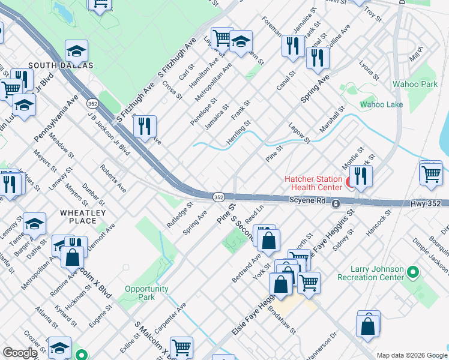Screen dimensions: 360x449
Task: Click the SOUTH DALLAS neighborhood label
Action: (x=60, y=65)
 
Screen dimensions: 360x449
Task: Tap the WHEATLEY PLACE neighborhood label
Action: (x=83, y=217)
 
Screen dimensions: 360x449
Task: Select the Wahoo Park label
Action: (x=415, y=85)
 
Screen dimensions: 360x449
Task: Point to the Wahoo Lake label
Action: (x=381, y=104)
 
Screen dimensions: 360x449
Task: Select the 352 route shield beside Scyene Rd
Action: (x=219, y=197)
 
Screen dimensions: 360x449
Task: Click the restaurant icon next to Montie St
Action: (x=361, y=176)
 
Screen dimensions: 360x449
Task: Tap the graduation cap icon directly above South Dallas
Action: (x=76, y=50)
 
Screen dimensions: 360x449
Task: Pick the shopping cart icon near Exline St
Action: (x=181, y=347)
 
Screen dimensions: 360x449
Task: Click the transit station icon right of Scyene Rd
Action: (x=336, y=204)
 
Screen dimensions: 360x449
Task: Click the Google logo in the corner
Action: (x=19, y=353)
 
